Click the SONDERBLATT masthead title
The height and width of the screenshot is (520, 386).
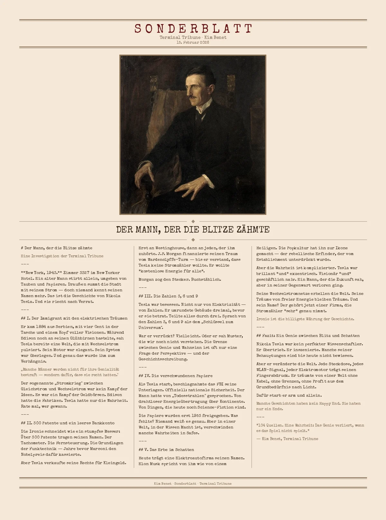click(193, 29)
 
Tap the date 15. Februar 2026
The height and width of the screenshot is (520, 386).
click(193, 42)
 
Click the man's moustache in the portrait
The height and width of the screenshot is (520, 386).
click(193, 96)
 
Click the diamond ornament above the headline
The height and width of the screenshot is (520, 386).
click(193, 221)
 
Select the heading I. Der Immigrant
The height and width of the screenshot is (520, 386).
click(74, 318)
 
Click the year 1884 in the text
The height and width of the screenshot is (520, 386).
click(41, 327)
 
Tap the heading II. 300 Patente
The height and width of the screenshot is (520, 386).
click(68, 423)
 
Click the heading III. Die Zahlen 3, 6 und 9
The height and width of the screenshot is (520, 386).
click(168, 296)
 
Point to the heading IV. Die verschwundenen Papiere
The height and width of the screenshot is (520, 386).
click(176, 376)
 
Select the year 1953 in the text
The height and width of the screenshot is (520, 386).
click(196, 416)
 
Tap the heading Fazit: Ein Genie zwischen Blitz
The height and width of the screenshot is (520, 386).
click(308, 336)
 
